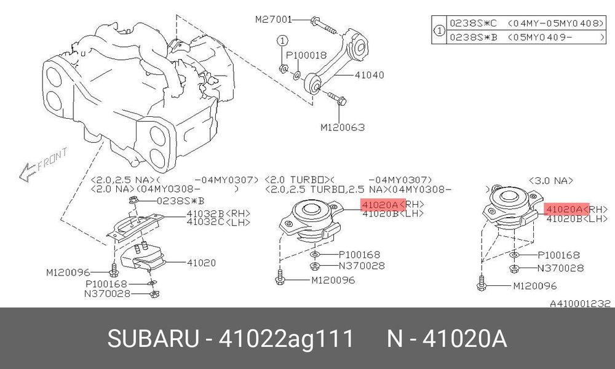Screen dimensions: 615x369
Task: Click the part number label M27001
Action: (274, 19)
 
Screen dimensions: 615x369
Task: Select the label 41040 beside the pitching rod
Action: (369, 75)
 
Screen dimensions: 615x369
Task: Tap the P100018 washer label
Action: (306, 56)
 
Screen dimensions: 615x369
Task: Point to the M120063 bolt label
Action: (343, 127)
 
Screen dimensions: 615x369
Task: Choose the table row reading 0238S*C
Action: (526, 23)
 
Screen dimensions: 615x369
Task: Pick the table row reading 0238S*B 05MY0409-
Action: (526, 38)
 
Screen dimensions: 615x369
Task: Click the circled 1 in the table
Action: (439, 30)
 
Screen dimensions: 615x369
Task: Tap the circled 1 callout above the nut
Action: (282, 41)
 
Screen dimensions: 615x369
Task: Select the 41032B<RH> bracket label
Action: (218, 214)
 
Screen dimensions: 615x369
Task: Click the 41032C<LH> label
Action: (218, 222)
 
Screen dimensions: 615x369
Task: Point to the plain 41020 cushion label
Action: (201, 263)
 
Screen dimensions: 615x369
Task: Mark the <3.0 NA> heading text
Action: (550, 181)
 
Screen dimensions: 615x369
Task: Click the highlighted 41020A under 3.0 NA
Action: (566, 209)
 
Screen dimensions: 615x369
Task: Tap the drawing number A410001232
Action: (580, 304)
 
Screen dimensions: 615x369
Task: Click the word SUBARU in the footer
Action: (153, 338)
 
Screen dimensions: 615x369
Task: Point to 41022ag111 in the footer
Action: (286, 338)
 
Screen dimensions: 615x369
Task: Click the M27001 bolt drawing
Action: (324, 25)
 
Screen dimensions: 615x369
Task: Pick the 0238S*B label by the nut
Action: (180, 201)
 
